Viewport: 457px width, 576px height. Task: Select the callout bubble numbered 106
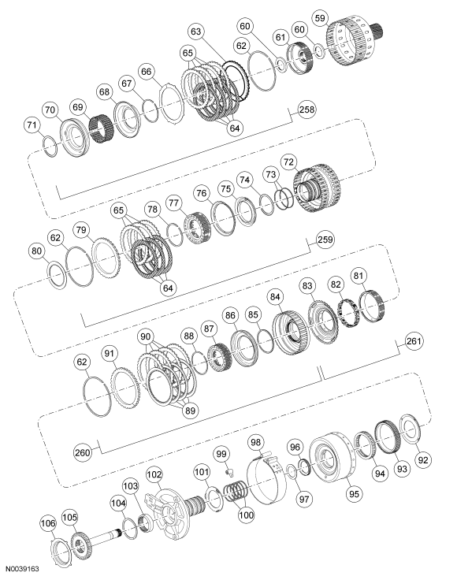click(x=48, y=523)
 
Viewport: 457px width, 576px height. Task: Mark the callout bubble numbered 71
click(x=31, y=124)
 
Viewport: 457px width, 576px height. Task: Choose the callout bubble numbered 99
click(x=221, y=453)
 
